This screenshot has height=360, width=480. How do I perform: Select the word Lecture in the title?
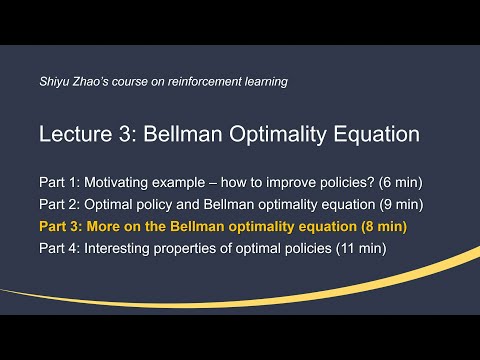pyautogui.click(x=76, y=134)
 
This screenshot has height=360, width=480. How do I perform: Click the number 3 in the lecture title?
pyautogui.click(x=126, y=134)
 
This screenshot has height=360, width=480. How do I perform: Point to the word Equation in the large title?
pyautogui.click(x=377, y=134)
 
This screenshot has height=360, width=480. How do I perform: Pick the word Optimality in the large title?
pyautogui.click(x=278, y=134)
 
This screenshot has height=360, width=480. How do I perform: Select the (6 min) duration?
pyautogui.click(x=401, y=182)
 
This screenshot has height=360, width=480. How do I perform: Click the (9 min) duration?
pyautogui.click(x=402, y=204)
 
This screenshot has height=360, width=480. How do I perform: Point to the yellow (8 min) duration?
pyautogui.click(x=384, y=226)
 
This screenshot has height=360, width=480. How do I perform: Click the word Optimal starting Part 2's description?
pyautogui.click(x=108, y=205)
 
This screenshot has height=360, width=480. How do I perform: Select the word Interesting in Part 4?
pyautogui.click(x=117, y=249)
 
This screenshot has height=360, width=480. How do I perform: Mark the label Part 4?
pyautogui.click(x=59, y=248)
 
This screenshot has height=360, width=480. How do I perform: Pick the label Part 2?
pyautogui.click(x=59, y=204)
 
